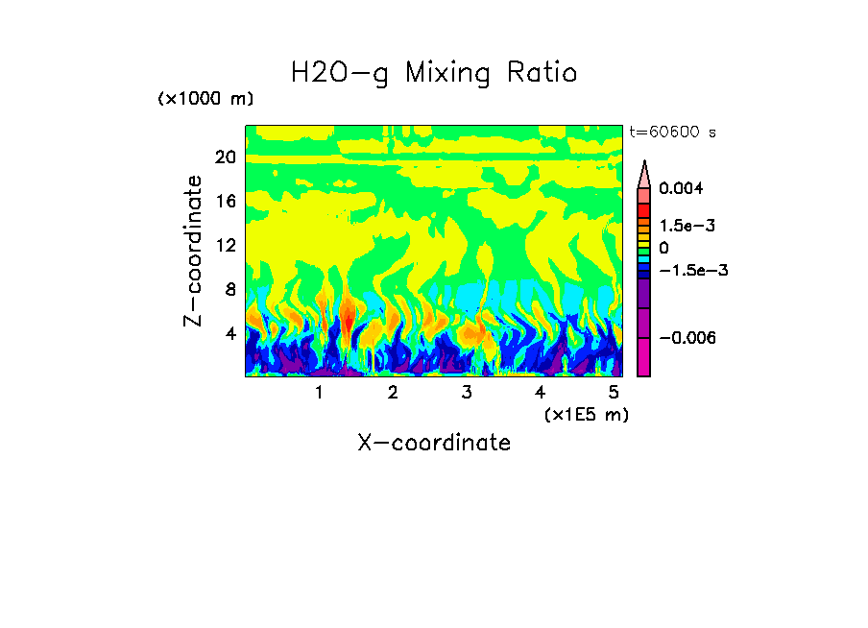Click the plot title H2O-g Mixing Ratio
point(434,72)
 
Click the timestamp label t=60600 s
point(672,132)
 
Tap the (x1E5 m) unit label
point(586,414)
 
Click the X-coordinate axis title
point(433,443)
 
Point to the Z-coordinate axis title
point(194,251)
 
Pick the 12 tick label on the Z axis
point(225,245)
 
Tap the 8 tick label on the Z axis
point(229,289)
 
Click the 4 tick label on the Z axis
point(229,333)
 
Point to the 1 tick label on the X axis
point(319,393)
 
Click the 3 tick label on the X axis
point(467,393)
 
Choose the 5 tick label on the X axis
point(614,393)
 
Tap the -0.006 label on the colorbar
point(684,338)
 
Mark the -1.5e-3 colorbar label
point(686,270)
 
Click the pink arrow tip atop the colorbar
point(644,173)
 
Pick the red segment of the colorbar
point(644,209)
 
